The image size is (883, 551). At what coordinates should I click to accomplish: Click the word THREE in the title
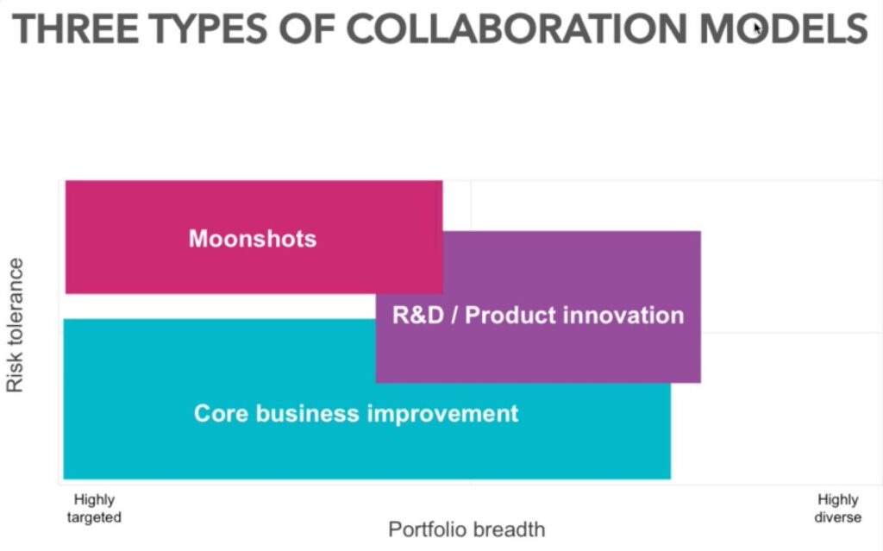pyautogui.click(x=72, y=30)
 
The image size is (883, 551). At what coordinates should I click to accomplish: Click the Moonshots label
pyautogui.click(x=253, y=239)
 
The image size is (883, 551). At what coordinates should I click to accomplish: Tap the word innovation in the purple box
pyautogui.click(x=623, y=316)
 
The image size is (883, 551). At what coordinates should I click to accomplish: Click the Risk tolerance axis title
pyautogui.click(x=15, y=326)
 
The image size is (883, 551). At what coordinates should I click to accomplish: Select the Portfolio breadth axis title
pyautogui.click(x=467, y=529)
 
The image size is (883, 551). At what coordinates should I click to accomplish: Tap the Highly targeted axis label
pyautogui.click(x=94, y=509)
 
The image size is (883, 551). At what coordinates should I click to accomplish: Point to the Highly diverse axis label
pyautogui.click(x=837, y=509)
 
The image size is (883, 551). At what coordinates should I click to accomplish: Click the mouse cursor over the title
pyautogui.click(x=757, y=28)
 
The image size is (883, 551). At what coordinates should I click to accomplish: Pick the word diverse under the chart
pyautogui.click(x=837, y=517)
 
